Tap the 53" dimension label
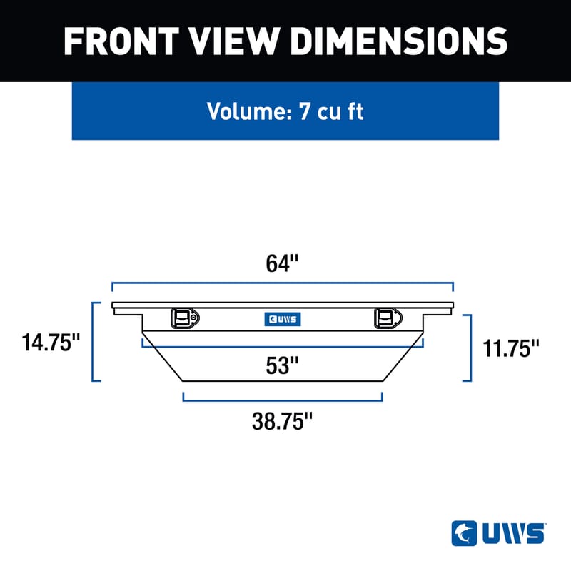[282, 365]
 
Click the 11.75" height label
[510, 348]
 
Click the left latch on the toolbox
[185, 318]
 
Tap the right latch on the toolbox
[388, 318]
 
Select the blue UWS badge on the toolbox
[282, 320]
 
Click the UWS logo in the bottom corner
[499, 532]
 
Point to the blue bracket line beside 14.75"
[93, 343]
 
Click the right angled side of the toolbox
[404, 355]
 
